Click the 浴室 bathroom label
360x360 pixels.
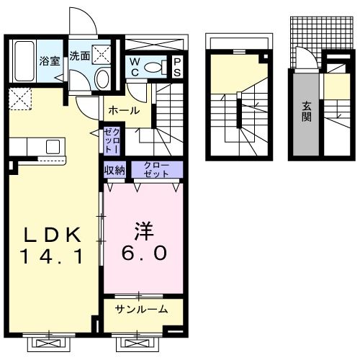[48, 62]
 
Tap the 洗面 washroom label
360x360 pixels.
[78, 55]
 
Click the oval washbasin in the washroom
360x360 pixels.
[102, 77]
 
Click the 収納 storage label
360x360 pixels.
[114, 170]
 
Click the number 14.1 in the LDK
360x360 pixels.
[53, 253]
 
